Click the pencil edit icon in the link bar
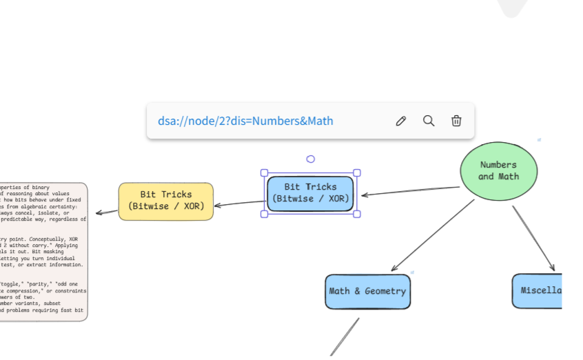pyautogui.click(x=401, y=121)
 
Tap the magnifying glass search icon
pyautogui.click(x=429, y=121)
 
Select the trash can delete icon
pyautogui.click(x=456, y=121)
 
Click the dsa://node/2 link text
pyautogui.click(x=245, y=121)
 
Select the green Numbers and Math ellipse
pyautogui.click(x=498, y=171)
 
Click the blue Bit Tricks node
pyautogui.click(x=310, y=193)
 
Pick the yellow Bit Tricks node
pyautogui.click(x=166, y=201)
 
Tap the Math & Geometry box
pyautogui.click(x=367, y=291)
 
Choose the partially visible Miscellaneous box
pyautogui.click(x=538, y=290)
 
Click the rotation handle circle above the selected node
pyautogui.click(x=311, y=159)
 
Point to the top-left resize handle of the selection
pyautogui.click(x=264, y=173)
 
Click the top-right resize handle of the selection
pyautogui.click(x=357, y=173)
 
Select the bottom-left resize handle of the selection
pyautogui.click(x=264, y=214)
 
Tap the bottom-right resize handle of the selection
pyautogui.click(x=357, y=214)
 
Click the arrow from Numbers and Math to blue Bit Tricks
pyautogui.click(x=410, y=191)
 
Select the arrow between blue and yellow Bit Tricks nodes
pyautogui.click(x=239, y=203)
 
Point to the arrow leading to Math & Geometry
pyautogui.click(x=433, y=235)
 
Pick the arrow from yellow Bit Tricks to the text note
pyautogui.click(x=107, y=212)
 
